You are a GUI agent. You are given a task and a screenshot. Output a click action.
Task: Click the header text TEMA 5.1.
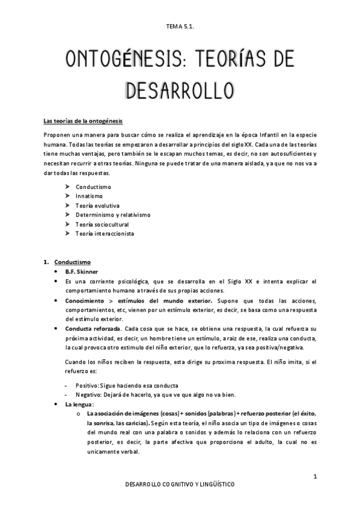180,26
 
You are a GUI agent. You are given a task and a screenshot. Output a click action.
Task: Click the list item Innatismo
89,196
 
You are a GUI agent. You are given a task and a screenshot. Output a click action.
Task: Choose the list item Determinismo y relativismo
113,215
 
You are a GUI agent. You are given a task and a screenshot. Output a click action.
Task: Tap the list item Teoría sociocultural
102,224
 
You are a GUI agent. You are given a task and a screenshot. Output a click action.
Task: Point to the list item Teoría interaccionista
105,233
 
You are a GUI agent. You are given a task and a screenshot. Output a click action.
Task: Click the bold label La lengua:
80,405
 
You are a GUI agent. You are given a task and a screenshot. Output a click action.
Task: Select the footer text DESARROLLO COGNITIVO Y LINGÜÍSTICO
180,484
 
